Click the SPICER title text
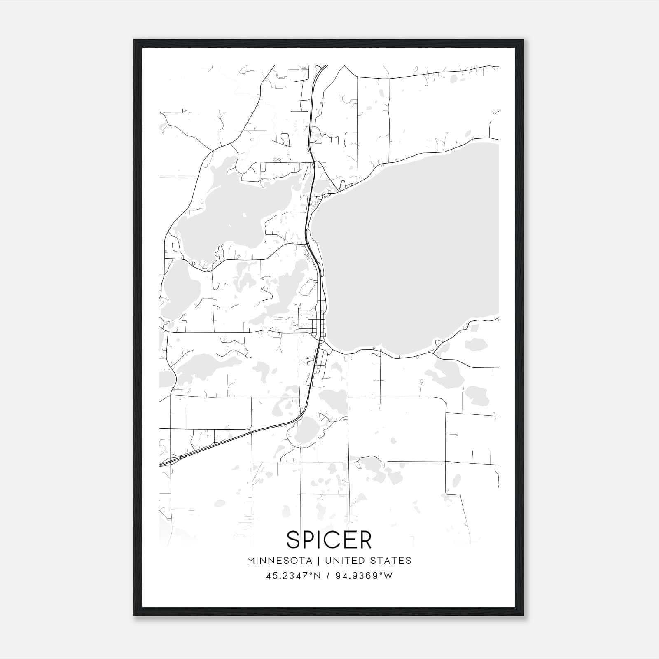[x=329, y=540]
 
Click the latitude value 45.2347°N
[x=293, y=576]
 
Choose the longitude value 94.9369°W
[x=364, y=576]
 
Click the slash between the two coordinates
[x=328, y=576]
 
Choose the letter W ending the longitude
[x=388, y=576]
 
